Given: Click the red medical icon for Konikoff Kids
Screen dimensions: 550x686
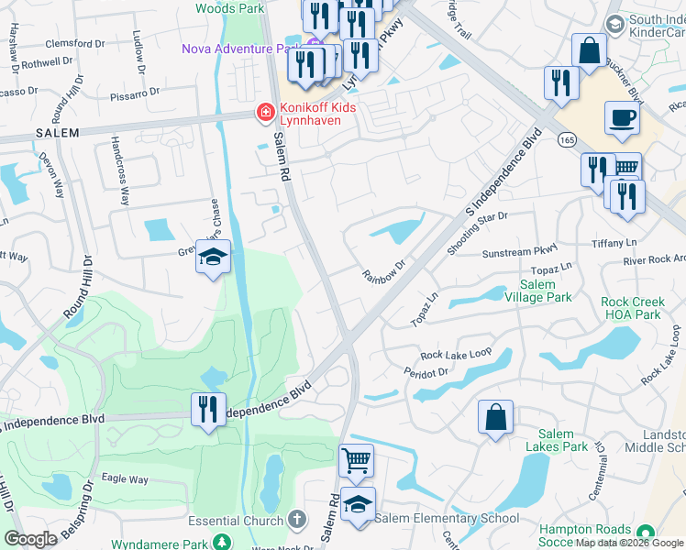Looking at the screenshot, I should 265,113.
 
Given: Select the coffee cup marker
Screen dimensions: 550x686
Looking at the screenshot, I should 623,119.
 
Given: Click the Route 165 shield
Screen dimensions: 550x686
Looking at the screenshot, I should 566,137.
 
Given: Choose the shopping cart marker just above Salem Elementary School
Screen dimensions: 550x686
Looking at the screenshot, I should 356,459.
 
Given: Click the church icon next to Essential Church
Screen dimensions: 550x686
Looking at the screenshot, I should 295,520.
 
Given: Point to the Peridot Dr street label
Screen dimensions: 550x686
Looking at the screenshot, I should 426,372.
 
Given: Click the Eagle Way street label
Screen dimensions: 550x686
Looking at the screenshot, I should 125,479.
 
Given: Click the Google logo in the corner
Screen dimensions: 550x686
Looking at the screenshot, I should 30,538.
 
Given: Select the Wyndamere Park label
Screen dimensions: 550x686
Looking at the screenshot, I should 156,544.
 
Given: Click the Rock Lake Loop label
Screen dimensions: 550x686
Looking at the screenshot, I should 456,354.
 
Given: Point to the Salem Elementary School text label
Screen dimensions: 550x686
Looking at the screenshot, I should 446,519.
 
